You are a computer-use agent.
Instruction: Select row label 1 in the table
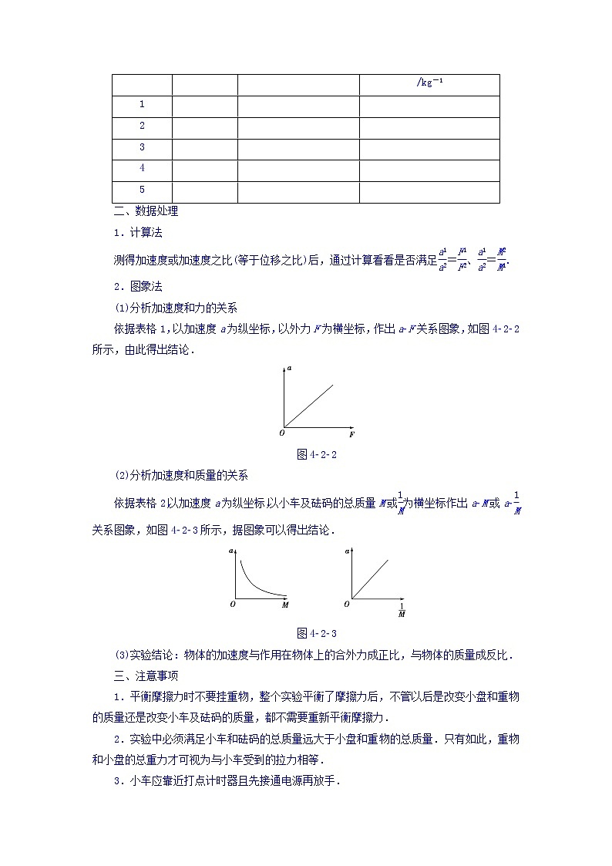(142, 104)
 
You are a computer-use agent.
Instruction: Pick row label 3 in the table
(142, 147)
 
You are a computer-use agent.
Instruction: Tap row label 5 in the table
(142, 190)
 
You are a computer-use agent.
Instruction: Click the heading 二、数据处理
(146, 211)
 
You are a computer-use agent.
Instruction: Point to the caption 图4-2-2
(317, 454)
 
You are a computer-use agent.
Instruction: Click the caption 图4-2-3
(317, 633)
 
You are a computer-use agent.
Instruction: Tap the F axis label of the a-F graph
(352, 436)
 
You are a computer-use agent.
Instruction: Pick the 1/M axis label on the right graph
(402, 610)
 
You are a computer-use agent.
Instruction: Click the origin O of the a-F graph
(282, 433)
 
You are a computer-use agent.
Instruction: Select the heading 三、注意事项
(146, 676)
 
